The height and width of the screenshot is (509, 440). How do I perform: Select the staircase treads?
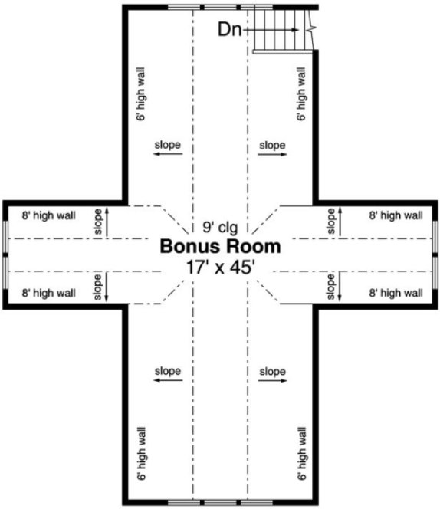click(x=279, y=30)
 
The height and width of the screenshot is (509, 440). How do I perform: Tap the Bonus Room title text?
click(x=219, y=247)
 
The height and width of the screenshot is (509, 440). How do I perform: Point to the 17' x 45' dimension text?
click(x=220, y=267)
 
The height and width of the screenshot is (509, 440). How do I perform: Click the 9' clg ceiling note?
click(x=220, y=227)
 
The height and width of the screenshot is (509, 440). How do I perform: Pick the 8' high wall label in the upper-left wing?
click(x=49, y=216)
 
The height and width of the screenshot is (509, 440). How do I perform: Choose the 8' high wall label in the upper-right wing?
click(x=396, y=216)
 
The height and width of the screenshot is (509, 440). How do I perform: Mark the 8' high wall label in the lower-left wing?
click(x=49, y=293)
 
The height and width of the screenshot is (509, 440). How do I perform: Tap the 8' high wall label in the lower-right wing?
click(x=396, y=293)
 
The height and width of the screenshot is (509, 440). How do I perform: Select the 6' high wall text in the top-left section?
click(x=140, y=94)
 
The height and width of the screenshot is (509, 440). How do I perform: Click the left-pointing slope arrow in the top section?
click(x=167, y=154)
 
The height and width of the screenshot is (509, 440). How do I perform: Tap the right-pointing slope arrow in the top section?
click(x=273, y=154)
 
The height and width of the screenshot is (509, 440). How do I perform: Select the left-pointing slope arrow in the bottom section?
click(x=167, y=380)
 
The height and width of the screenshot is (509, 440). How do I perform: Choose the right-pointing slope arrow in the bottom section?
click(x=273, y=380)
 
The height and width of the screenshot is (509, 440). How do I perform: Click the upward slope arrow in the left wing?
click(x=107, y=222)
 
